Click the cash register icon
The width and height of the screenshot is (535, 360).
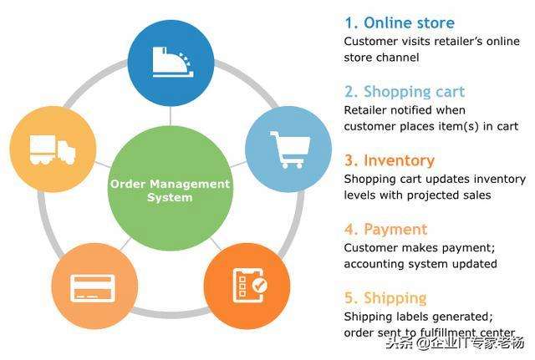173,62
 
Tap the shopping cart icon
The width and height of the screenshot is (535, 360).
290,150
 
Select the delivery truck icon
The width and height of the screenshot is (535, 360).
53,150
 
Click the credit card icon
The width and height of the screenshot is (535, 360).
93,288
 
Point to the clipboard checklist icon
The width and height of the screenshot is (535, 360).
250,286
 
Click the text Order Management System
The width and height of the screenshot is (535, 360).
170,190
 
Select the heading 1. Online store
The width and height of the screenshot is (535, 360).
400,23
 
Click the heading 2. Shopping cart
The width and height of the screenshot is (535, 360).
405,92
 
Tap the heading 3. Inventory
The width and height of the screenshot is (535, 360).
390,160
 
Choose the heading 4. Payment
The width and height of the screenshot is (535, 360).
385,229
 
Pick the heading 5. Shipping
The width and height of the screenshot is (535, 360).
385,298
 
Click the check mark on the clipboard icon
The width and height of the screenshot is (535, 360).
260,285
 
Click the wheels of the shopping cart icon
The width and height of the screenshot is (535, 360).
292,165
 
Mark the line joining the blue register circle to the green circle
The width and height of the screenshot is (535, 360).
170,116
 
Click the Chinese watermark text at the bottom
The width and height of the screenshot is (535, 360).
455,342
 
